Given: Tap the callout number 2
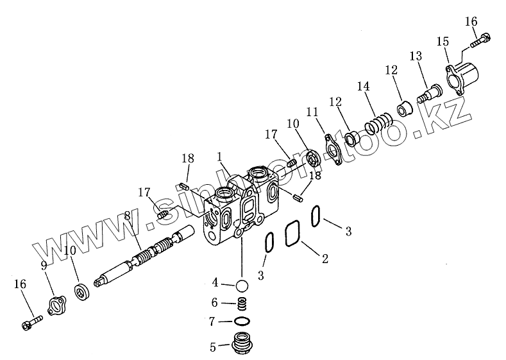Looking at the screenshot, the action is [x=325, y=259].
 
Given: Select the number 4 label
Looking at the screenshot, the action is [x=216, y=282].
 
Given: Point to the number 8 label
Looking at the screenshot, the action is [x=127, y=216].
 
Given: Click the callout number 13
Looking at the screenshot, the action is [x=416, y=56].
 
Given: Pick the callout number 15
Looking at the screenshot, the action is [x=443, y=42].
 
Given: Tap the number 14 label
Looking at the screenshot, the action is [x=364, y=86].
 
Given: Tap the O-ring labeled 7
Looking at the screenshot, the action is [x=242, y=321].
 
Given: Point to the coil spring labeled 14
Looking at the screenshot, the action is [x=380, y=122].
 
